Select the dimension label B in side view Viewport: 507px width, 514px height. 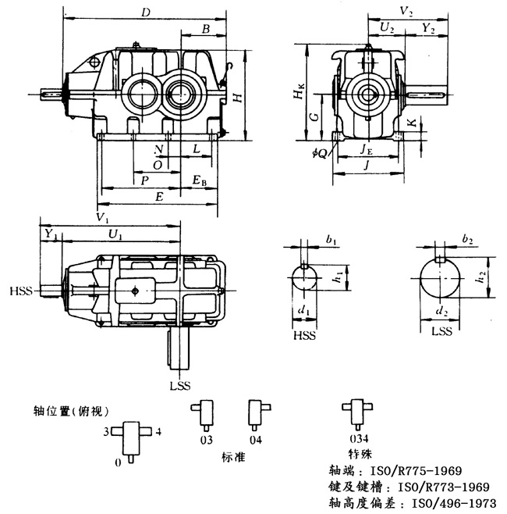[205, 29]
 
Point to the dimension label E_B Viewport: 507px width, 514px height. [200, 181]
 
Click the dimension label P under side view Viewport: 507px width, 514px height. [145, 180]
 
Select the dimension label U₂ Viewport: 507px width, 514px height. [386, 28]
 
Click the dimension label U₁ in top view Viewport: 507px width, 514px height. [115, 234]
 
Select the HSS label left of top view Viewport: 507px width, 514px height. [21, 291]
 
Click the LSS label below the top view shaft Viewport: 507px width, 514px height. [180, 385]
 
